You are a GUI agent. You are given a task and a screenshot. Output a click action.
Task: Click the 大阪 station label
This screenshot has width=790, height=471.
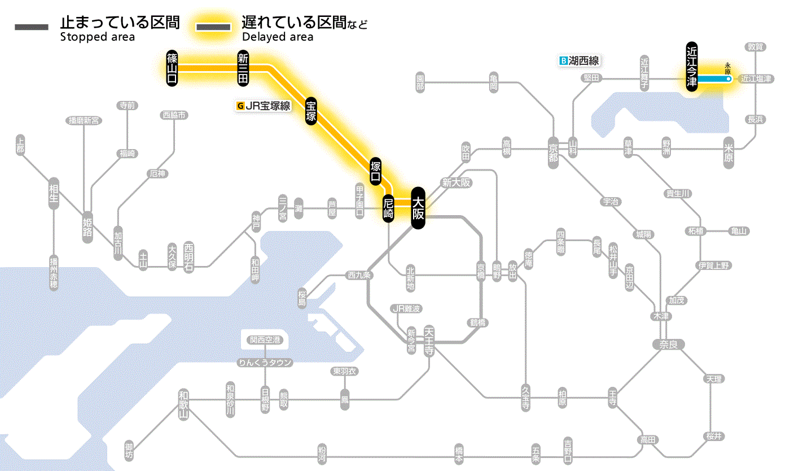418,208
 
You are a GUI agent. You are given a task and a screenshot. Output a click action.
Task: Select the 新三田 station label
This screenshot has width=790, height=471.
243,68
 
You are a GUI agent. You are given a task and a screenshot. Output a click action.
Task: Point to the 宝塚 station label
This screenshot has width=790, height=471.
311,111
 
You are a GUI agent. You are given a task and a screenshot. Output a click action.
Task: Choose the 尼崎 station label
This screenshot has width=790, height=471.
388,208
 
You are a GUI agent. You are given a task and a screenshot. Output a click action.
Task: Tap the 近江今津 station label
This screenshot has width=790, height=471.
692,66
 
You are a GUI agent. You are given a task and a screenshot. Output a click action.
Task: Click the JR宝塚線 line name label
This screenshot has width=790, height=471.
268,105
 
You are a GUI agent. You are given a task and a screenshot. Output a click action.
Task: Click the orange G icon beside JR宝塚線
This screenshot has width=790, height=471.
241,105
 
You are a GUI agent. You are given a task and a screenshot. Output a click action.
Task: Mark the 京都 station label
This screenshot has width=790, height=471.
553,150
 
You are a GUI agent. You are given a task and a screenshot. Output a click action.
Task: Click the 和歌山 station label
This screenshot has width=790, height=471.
183,402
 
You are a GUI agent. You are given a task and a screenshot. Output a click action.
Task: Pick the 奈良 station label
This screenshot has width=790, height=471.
668,344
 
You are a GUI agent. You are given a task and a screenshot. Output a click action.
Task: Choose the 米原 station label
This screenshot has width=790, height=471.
729,151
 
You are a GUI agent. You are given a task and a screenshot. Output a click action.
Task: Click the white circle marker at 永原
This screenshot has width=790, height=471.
728,80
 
